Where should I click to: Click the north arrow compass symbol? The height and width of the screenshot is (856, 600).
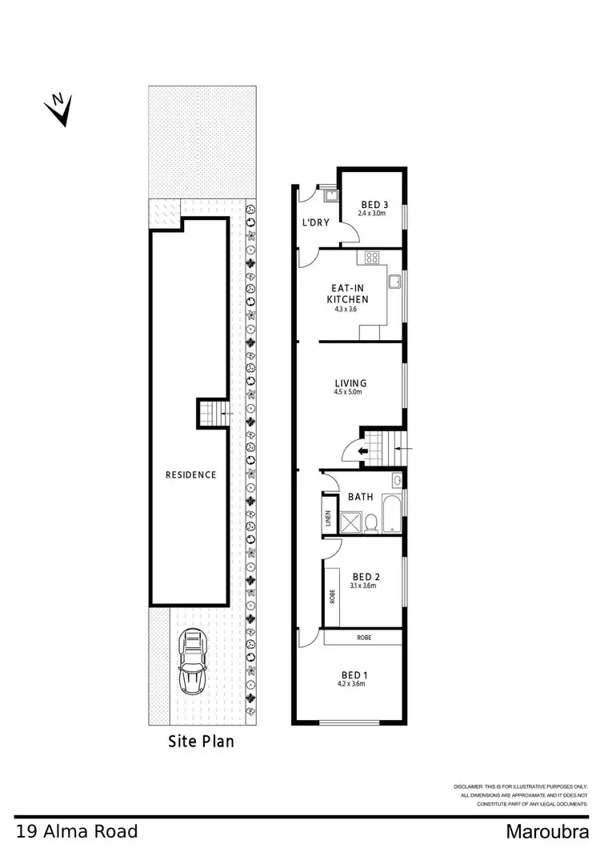pos(58,109)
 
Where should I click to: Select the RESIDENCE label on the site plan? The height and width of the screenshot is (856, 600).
pos(190,474)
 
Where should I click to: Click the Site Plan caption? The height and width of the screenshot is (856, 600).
pos(201,741)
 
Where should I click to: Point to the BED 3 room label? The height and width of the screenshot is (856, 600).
pos(370,203)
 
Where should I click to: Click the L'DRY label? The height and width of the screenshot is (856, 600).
pos(316,223)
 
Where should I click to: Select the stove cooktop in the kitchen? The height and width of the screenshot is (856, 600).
pos(372,258)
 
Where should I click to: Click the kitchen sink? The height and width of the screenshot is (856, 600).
pos(394,281)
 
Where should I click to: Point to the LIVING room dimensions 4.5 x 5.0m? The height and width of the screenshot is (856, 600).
pos(348,392)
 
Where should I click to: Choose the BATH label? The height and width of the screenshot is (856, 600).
pos(360,497)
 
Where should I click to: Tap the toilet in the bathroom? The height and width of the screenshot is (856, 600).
pos(370,522)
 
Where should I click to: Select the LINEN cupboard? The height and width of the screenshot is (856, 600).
pos(327,519)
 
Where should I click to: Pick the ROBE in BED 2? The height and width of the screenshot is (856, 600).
pos(331,596)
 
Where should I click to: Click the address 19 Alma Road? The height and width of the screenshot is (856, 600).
pos(76,831)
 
